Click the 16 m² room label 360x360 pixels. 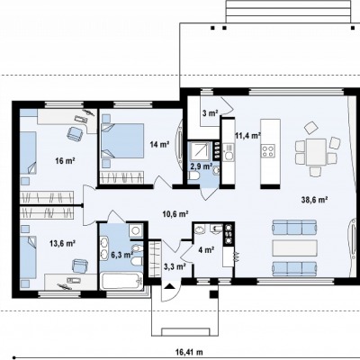(x=65, y=161)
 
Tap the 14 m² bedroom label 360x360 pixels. (x=160, y=144)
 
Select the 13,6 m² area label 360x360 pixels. (x=62, y=243)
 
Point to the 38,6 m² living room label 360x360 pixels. (x=314, y=199)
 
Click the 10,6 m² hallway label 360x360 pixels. (x=175, y=213)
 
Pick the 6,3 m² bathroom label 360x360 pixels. (x=122, y=255)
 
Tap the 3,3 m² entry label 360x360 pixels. (x=175, y=265)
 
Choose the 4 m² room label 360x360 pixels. (x=206, y=249)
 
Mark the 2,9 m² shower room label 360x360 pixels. (x=202, y=166)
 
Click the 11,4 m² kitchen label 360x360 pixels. (x=247, y=136)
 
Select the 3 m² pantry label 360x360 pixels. (x=210, y=113)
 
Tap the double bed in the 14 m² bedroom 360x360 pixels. (x=122, y=140)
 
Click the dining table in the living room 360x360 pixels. (x=316, y=152)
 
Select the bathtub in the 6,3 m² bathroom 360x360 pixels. (x=121, y=281)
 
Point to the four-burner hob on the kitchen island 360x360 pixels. (x=268, y=150)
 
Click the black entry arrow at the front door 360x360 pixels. (x=169, y=286)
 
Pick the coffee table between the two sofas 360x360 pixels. (x=294, y=247)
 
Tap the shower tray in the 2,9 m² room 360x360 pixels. (x=200, y=150)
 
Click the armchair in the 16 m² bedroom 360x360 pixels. (x=76, y=133)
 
